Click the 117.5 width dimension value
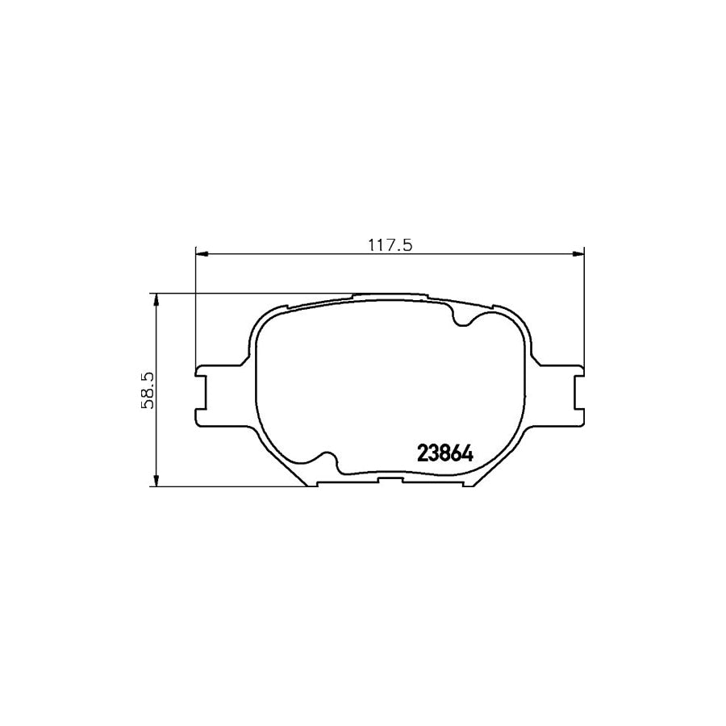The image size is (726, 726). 390,245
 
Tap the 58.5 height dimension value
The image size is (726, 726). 148,390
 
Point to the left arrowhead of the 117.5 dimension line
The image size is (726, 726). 202,255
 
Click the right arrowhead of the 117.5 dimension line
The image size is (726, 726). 577,255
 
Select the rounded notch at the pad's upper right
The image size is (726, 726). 465,320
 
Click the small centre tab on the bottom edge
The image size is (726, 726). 390,482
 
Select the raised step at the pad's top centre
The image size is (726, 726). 390,296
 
